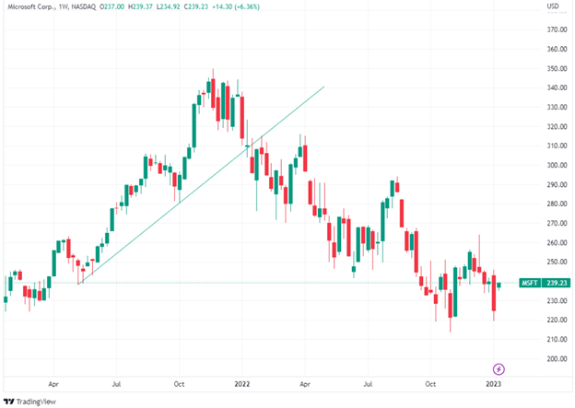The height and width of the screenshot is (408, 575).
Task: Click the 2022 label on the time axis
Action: tap(242, 379)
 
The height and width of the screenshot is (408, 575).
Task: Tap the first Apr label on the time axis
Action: tap(53, 379)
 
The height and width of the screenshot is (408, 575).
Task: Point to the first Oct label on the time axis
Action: tap(180, 379)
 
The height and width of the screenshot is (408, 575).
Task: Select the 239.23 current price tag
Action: tap(556, 283)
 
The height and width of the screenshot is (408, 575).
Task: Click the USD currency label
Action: tap(554, 7)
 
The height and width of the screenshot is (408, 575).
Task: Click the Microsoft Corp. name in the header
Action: tap(30, 7)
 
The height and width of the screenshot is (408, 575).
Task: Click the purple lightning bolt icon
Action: tap(499, 368)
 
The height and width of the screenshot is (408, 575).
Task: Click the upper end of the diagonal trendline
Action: tap(324, 87)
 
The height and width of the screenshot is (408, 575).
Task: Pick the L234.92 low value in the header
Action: tap(169, 7)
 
